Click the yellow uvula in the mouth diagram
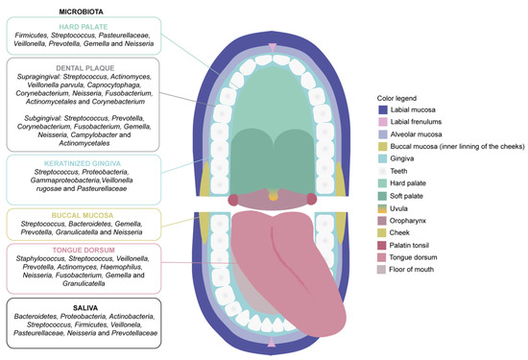[x=273, y=195]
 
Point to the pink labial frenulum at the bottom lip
[x=273, y=342]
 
